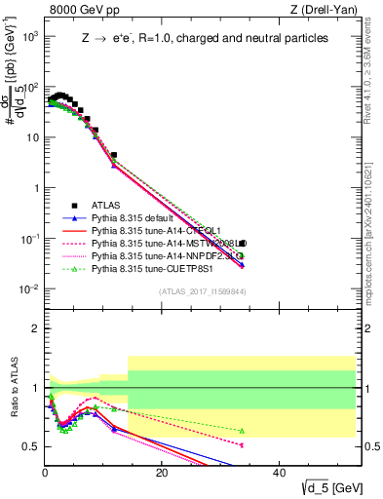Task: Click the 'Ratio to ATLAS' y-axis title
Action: [13, 406]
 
